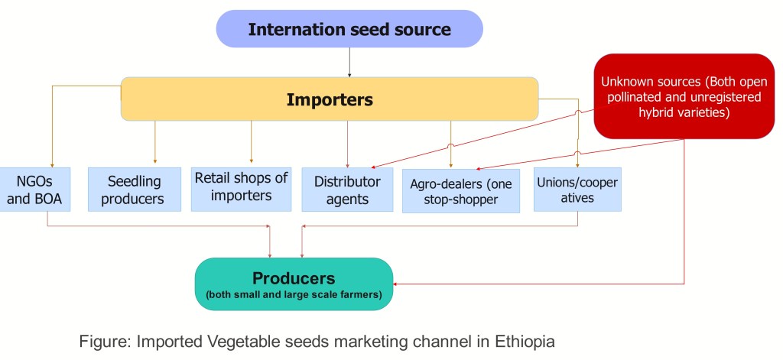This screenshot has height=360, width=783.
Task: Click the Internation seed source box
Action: coord(349,30)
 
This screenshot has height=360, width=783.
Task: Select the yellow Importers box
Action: coord(329,99)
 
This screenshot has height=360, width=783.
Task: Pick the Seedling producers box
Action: coord(134,190)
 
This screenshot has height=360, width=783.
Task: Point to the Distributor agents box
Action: coord(347,190)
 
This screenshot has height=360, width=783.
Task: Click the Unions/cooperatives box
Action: coord(577,190)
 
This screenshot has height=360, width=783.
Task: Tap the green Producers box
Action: coord(294,284)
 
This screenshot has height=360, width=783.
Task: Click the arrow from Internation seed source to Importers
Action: coord(349,62)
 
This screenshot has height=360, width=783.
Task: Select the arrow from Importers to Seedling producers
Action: coord(155,141)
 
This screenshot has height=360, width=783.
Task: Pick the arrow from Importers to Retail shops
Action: coord(251,141)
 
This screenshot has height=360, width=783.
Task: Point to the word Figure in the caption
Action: coord(102,342)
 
